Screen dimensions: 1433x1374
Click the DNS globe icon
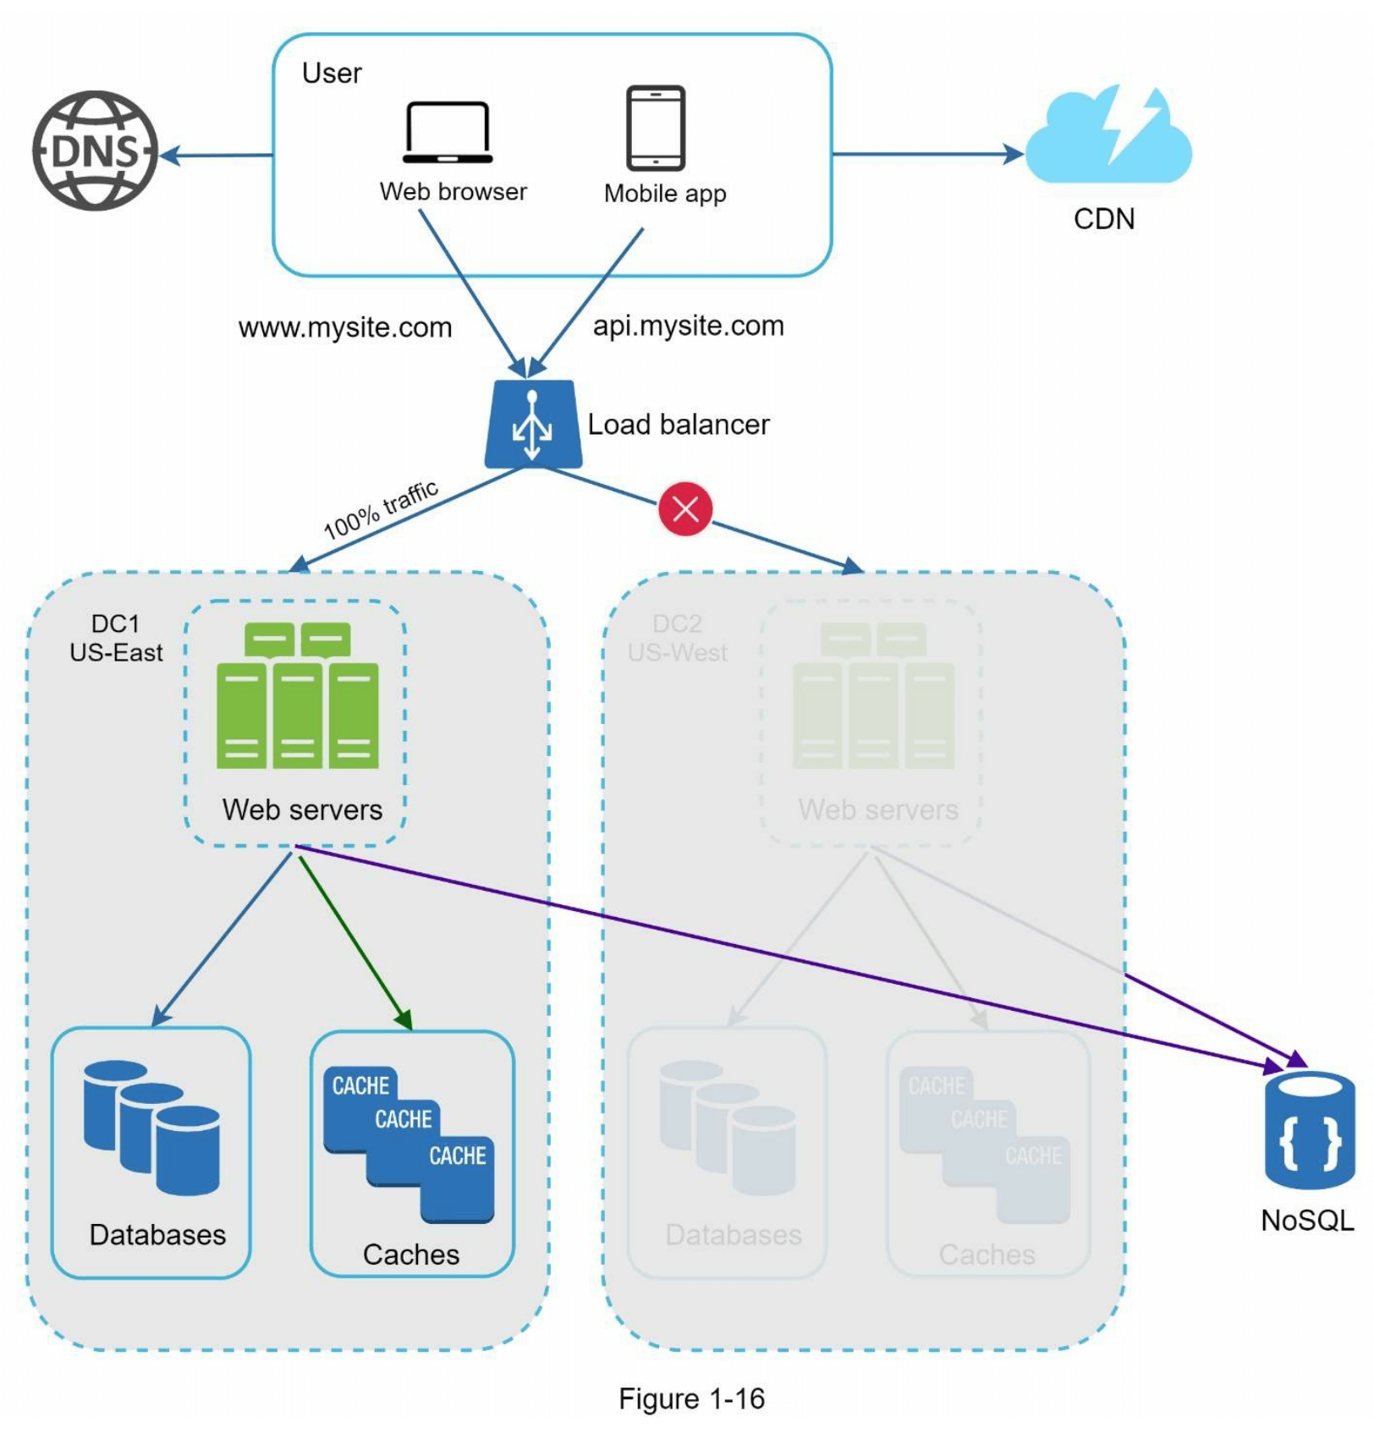[95, 151]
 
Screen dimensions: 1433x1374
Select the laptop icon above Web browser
[448, 133]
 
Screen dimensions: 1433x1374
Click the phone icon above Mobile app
[656, 128]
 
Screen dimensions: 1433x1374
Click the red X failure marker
[685, 508]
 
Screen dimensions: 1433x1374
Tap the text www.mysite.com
[345, 327]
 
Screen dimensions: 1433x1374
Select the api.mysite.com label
[689, 326]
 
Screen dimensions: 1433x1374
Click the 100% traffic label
[382, 509]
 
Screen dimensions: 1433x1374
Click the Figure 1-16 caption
[691, 1398]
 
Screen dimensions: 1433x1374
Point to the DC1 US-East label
[116, 638]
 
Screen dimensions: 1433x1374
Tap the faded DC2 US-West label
[677, 638]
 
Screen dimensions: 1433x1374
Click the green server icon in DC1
[297, 696]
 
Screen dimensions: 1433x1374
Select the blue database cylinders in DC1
[152, 1127]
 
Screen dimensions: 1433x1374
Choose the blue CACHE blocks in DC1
[409, 1142]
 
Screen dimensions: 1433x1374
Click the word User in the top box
[332, 74]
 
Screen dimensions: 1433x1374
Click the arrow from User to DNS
[217, 155]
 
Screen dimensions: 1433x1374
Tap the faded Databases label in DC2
[734, 1235]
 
